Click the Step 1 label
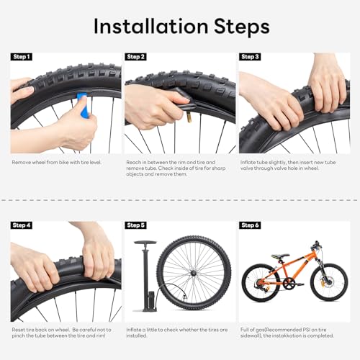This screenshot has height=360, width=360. click(x=22, y=57)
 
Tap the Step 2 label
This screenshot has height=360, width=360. click(x=136, y=57)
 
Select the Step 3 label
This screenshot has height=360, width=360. click(x=251, y=57)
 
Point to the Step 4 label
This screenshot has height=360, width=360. click(x=22, y=225)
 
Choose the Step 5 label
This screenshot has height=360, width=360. click(x=136, y=225)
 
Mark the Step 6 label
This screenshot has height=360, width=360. click(x=251, y=225)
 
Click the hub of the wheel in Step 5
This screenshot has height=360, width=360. click(x=193, y=273)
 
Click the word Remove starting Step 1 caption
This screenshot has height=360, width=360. click(x=22, y=163)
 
